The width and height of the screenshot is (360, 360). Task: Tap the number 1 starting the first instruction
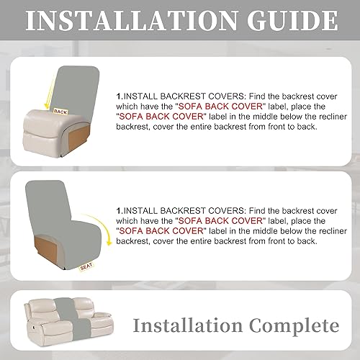pyautogui.click(x=118, y=94)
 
